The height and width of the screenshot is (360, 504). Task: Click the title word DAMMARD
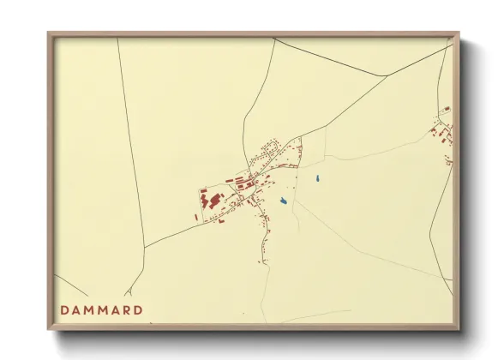point(101,309)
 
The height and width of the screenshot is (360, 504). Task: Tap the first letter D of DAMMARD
point(64,309)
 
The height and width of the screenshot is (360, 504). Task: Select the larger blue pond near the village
point(283,202)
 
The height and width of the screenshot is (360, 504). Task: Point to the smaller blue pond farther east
point(317,178)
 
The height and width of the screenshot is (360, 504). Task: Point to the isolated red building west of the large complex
point(195,217)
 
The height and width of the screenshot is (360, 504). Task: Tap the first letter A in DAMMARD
point(76,309)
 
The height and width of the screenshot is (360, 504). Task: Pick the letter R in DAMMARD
point(126,309)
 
